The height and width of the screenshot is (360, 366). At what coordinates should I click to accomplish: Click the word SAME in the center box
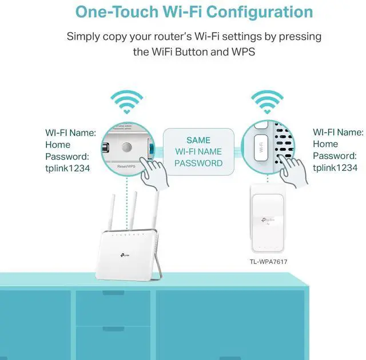(198, 140)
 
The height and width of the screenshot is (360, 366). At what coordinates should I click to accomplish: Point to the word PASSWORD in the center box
(198, 163)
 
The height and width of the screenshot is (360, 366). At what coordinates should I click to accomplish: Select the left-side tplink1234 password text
(68, 167)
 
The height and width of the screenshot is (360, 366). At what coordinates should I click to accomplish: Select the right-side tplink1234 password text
(336, 167)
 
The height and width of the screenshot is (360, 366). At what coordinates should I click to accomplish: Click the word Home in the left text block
(58, 145)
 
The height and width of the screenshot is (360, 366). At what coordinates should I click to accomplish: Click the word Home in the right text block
(325, 145)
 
